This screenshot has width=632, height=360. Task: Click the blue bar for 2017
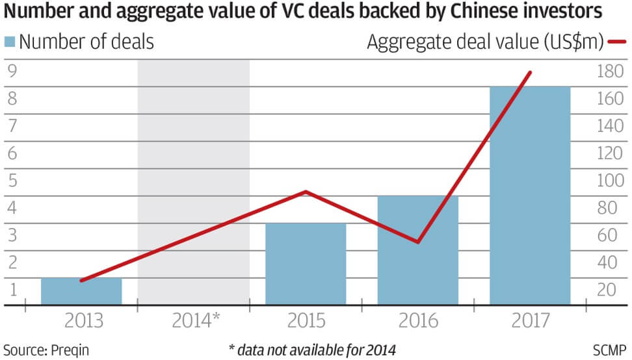coord(530,195)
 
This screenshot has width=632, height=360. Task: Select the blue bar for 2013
coord(81,290)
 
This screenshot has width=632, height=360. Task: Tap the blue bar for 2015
coord(306,263)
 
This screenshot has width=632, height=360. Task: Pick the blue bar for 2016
coord(417,250)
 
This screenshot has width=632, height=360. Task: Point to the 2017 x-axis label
coord(530,320)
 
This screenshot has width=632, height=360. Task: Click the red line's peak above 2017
coord(531,72)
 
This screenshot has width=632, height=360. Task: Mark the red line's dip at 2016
coord(417,242)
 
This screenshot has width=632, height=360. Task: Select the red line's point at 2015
coord(306,192)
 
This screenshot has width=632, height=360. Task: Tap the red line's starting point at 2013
coord(81,281)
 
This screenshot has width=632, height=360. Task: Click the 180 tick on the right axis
coord(609,71)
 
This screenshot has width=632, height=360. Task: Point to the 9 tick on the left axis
coord(11,71)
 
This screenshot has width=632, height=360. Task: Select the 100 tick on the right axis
coord(609,181)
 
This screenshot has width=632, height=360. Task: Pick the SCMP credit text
coord(610,350)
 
